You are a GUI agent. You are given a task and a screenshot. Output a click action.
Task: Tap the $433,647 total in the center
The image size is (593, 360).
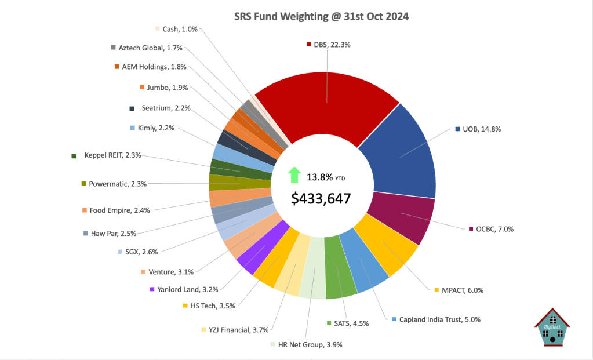point(321,198)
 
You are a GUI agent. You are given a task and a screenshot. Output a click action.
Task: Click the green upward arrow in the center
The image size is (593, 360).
point(294,174)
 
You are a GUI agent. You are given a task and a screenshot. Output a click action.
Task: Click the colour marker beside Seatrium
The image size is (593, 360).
point(132,108)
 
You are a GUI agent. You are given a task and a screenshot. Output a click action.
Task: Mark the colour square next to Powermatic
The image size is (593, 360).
point(84,184)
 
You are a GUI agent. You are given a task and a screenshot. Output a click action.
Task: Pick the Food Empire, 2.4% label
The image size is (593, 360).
point(119,210)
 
